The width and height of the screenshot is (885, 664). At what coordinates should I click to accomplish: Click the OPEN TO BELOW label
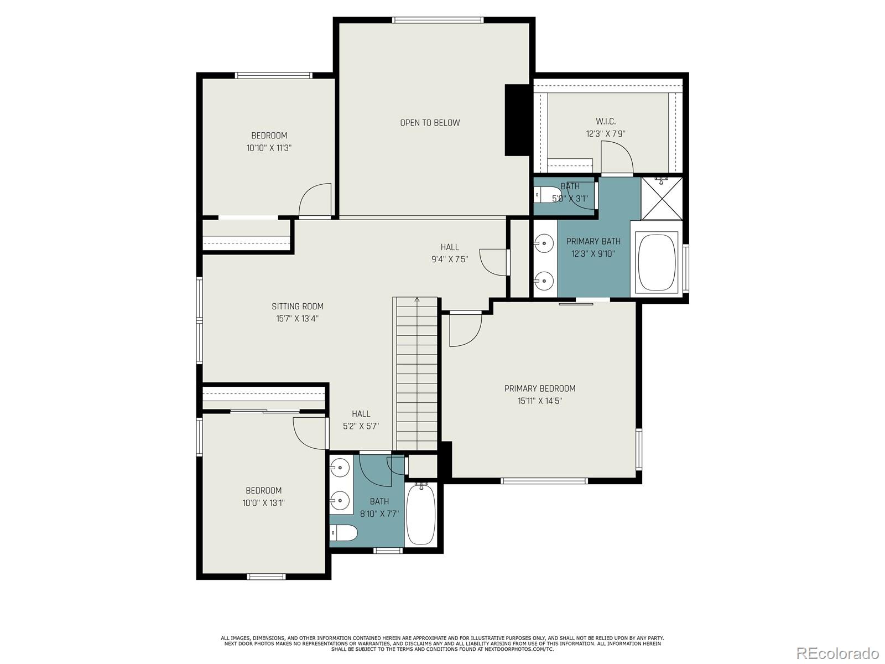click(x=430, y=123)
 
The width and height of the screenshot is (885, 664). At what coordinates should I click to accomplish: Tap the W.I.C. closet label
click(x=606, y=121)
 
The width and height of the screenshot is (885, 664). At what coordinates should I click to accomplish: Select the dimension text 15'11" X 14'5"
click(x=540, y=401)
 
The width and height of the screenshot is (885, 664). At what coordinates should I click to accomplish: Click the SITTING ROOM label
click(x=298, y=307)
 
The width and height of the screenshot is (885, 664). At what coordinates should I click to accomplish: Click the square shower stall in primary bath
click(x=662, y=198)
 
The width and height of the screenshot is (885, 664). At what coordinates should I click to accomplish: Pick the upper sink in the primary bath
click(x=545, y=242)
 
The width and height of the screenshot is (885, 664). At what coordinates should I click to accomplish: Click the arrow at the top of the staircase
click(x=417, y=300)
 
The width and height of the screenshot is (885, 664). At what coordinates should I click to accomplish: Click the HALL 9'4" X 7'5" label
click(x=450, y=253)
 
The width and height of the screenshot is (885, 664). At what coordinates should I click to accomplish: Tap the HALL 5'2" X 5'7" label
click(x=361, y=420)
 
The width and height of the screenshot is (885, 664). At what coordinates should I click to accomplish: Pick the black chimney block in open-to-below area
click(x=518, y=120)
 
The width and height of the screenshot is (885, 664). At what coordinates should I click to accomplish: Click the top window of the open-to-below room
click(x=438, y=20)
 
